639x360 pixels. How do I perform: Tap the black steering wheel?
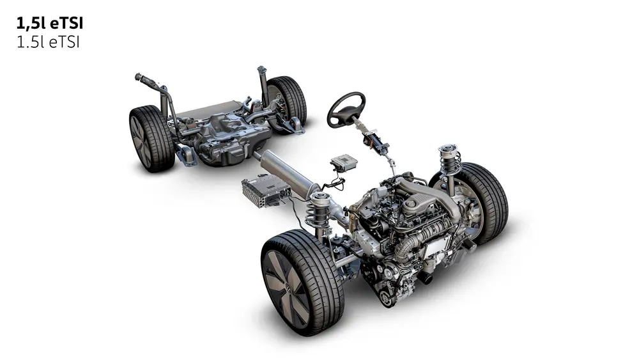pyautogui.click(x=346, y=109)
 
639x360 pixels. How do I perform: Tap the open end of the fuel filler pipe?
pyautogui.click(x=138, y=77)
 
